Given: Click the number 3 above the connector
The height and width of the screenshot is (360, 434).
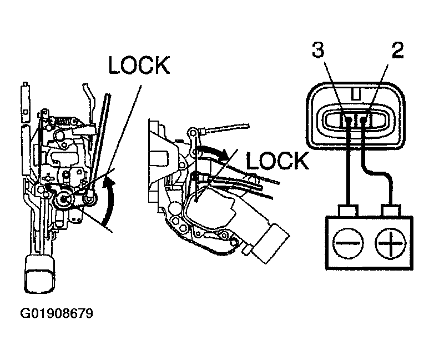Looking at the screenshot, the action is (318, 50).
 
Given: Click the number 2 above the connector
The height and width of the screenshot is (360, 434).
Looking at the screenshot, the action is (397, 50).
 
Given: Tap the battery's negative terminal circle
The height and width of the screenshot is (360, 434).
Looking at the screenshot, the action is (347, 243).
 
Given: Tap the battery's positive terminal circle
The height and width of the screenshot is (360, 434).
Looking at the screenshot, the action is (390, 243).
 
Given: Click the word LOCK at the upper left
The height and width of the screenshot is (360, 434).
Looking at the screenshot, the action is (139, 65).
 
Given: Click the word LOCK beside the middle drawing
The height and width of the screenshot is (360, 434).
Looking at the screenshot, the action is (277, 161).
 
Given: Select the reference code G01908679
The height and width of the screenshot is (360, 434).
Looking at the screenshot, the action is (57, 313).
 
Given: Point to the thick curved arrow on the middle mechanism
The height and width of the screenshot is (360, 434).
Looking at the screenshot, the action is (213, 151).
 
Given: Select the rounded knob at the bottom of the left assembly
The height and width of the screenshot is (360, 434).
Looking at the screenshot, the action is (39, 274).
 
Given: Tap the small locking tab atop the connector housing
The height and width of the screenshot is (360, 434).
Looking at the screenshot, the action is (356, 93).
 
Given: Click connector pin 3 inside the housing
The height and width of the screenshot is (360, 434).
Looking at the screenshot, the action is (348, 120).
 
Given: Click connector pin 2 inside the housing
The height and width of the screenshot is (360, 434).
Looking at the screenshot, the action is (363, 120).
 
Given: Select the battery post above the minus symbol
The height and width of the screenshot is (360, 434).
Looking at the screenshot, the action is (347, 211).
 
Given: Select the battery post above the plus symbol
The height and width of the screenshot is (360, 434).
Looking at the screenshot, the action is (391, 211).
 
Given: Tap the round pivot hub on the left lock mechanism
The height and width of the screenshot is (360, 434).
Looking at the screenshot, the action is (63, 199).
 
